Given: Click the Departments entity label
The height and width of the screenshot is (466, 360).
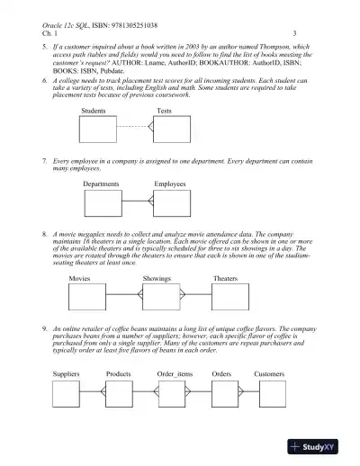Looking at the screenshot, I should click(101, 184).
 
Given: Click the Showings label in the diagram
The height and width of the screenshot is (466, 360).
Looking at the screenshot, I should click(157, 279).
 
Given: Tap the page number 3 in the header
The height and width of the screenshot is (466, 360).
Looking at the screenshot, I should click(296, 32).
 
